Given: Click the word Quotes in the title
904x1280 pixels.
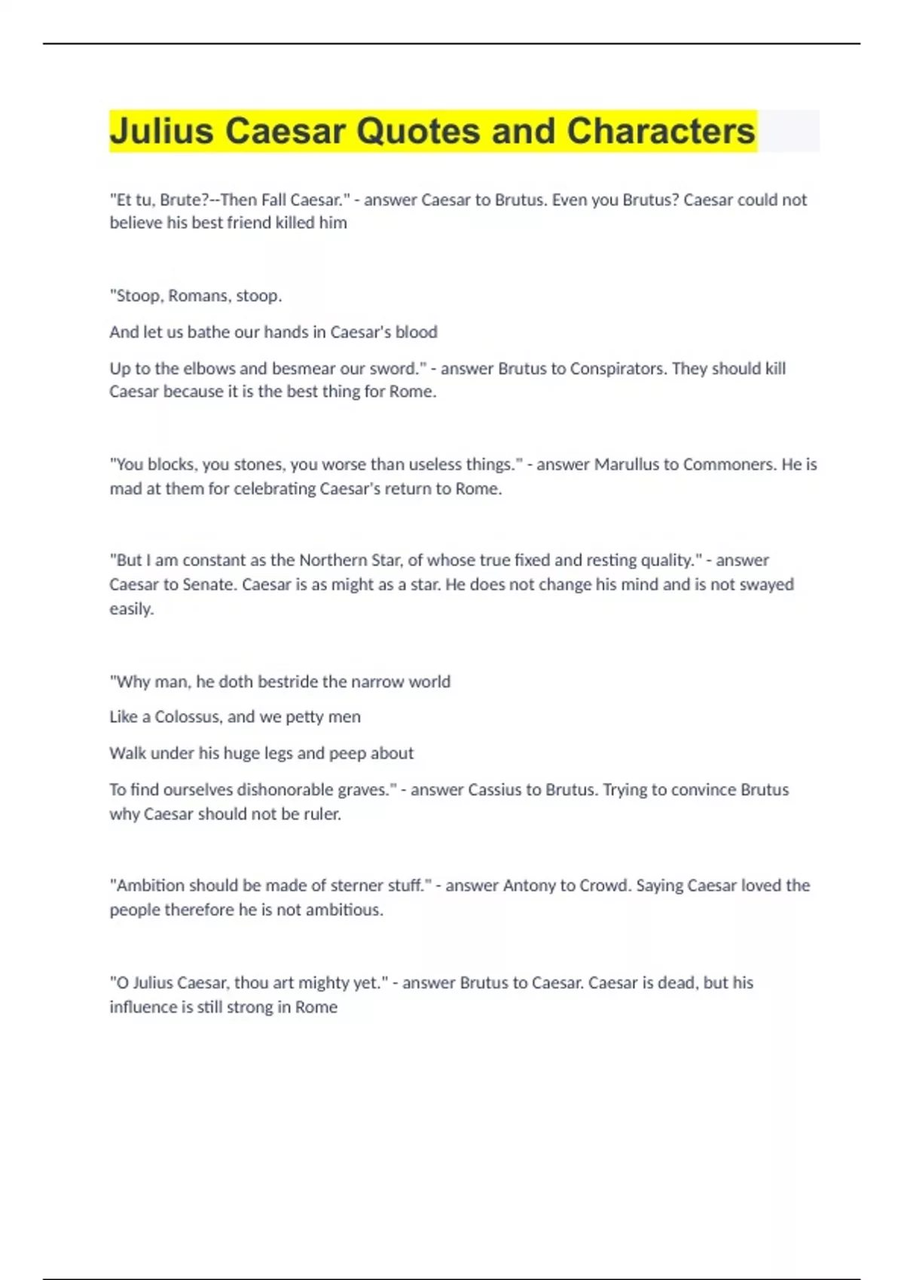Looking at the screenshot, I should tap(418, 131).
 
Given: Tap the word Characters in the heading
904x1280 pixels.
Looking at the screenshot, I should tap(661, 131).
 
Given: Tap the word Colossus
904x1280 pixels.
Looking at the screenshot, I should tap(188, 717).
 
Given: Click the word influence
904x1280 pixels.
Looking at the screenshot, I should tap(143, 1007).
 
